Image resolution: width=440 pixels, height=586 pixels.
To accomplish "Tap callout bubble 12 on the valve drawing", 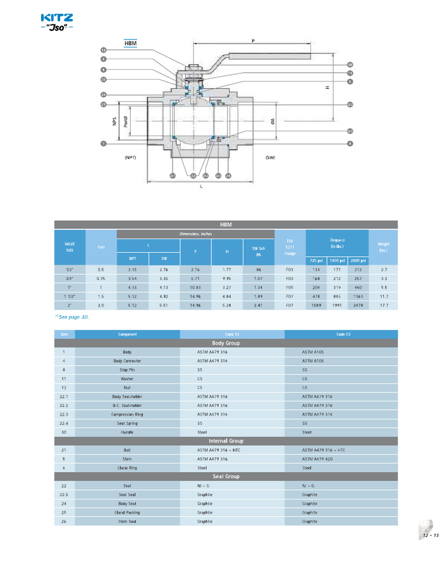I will click(x=104, y=50).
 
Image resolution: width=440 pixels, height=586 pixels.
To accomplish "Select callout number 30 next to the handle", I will click(x=349, y=65).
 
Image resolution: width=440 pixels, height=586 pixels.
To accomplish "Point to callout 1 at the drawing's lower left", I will click(x=104, y=143).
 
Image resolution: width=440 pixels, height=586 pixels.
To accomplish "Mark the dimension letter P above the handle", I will click(x=253, y=41).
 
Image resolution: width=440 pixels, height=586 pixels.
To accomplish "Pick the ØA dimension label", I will click(x=273, y=121).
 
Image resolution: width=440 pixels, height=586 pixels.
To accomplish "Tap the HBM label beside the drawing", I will click(x=131, y=43).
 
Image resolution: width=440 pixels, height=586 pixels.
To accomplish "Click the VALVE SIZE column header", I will click(x=69, y=247).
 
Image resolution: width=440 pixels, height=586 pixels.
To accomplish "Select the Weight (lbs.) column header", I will click(x=383, y=247).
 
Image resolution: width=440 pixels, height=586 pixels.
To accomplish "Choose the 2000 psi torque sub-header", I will click(x=357, y=260).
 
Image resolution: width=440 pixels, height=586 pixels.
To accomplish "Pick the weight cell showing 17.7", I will click(x=383, y=306).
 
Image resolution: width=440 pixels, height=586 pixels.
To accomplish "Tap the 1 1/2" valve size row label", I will click(x=69, y=296).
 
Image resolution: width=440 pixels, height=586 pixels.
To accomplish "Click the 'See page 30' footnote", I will click(x=73, y=316).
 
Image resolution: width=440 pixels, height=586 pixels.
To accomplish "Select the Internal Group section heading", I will click(x=226, y=441).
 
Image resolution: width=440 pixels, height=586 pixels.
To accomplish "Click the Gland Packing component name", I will click(x=127, y=512).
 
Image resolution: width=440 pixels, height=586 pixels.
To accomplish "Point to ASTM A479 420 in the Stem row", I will click(x=317, y=458).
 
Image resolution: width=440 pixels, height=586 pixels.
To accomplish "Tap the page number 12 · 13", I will click(x=430, y=535).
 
